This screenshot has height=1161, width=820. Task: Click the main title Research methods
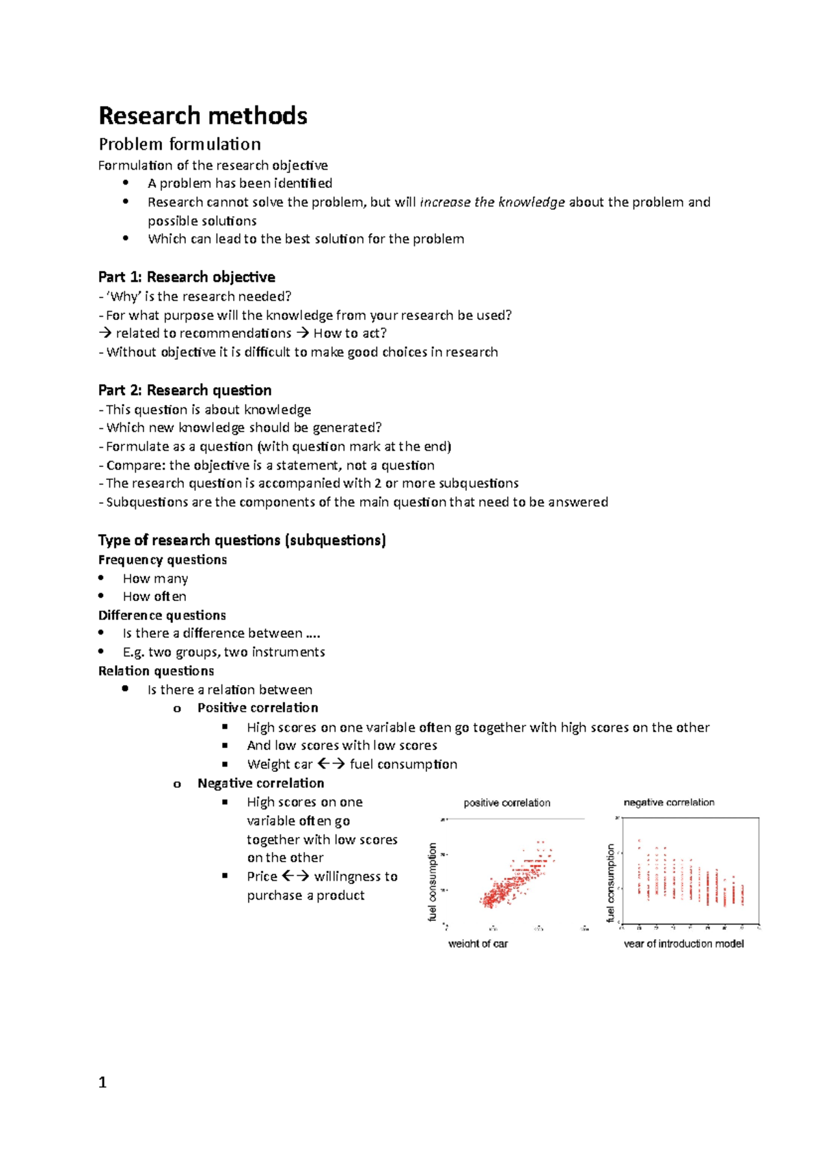pyautogui.click(x=203, y=116)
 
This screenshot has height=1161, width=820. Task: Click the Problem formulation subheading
pyautogui.click(x=180, y=144)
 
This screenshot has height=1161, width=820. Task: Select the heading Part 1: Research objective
pyautogui.click(x=187, y=277)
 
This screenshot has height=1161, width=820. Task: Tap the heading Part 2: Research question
pyautogui.click(x=184, y=390)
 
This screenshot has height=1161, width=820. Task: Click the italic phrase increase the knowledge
pyautogui.click(x=492, y=202)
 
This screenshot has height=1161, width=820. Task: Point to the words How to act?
pyautogui.click(x=350, y=334)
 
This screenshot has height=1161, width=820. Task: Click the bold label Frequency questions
pyautogui.click(x=163, y=559)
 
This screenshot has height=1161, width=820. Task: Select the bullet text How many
pyautogui.click(x=155, y=578)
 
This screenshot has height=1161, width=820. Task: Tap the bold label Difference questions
pyautogui.click(x=162, y=615)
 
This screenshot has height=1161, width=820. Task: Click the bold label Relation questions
pyautogui.click(x=156, y=671)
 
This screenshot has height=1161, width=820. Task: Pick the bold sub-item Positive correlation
pyautogui.click(x=258, y=708)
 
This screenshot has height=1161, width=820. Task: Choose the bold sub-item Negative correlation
pyautogui.click(x=260, y=783)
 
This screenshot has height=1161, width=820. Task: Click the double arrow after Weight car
pyautogui.click(x=331, y=764)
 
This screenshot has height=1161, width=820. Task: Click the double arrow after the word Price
pyautogui.click(x=295, y=876)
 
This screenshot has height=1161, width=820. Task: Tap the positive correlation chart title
pyautogui.click(x=506, y=803)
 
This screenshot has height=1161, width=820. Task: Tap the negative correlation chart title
pyautogui.click(x=669, y=802)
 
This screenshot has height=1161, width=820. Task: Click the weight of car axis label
pyautogui.click(x=478, y=944)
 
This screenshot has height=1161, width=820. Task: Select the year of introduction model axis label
pyautogui.click(x=683, y=944)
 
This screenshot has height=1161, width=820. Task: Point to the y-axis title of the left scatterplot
pyautogui.click(x=432, y=882)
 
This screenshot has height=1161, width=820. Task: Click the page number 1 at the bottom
pyautogui.click(x=102, y=1082)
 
